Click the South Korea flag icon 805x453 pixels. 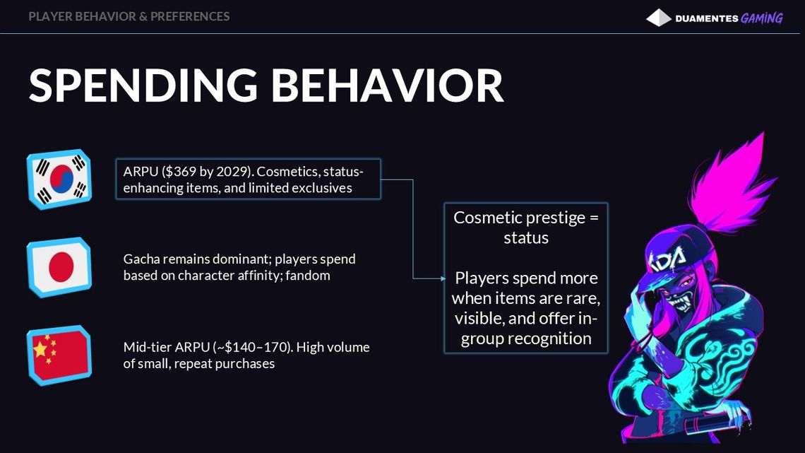pyautogui.click(x=59, y=180)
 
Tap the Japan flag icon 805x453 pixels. pyautogui.click(x=59, y=267)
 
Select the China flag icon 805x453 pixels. pyautogui.click(x=59, y=355)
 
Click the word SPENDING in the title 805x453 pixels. pyautogui.click(x=143, y=86)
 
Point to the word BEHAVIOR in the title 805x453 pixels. pyautogui.click(x=387, y=86)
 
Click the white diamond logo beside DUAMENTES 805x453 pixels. pyautogui.click(x=659, y=18)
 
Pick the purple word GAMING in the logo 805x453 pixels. pyautogui.click(x=762, y=18)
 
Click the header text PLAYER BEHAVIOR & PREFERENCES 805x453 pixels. pyautogui.click(x=129, y=16)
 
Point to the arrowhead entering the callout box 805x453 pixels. pyautogui.click(x=443, y=278)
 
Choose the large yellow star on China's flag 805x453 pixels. pyautogui.click(x=40, y=349)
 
